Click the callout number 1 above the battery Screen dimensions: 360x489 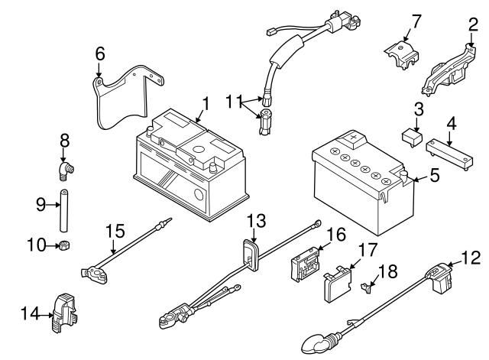204,102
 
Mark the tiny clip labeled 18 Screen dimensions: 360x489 368,287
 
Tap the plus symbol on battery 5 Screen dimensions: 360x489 355,138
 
